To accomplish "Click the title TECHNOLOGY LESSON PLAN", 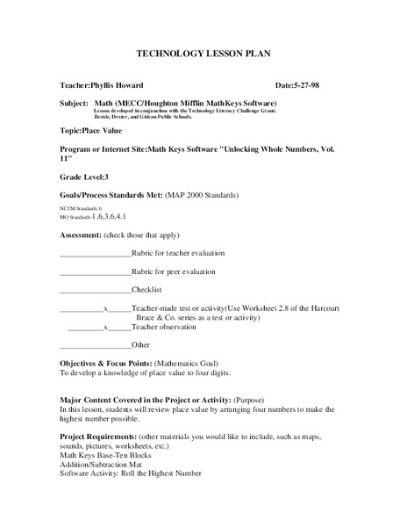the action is [x=203, y=54].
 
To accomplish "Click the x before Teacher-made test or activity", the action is [x=106, y=310].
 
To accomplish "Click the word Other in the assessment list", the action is [x=140, y=345].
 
